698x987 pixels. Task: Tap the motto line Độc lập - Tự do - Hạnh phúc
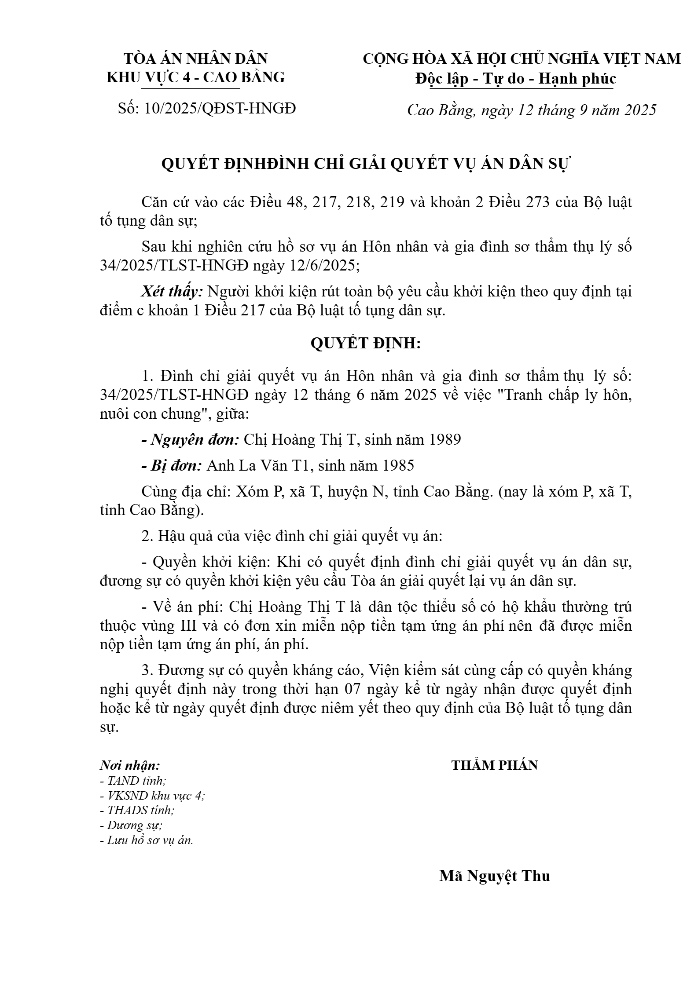[515, 79]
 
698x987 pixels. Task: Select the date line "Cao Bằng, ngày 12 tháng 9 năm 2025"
[532, 110]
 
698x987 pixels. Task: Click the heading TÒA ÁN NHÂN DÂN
[196, 58]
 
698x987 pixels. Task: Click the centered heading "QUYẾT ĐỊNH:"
[366, 344]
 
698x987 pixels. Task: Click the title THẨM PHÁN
[494, 765]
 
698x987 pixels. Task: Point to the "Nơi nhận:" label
[130, 765]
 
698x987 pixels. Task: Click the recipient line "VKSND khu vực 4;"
[152, 796]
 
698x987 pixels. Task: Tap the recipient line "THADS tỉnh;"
[137, 810]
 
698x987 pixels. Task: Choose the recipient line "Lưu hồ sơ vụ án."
[147, 840]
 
